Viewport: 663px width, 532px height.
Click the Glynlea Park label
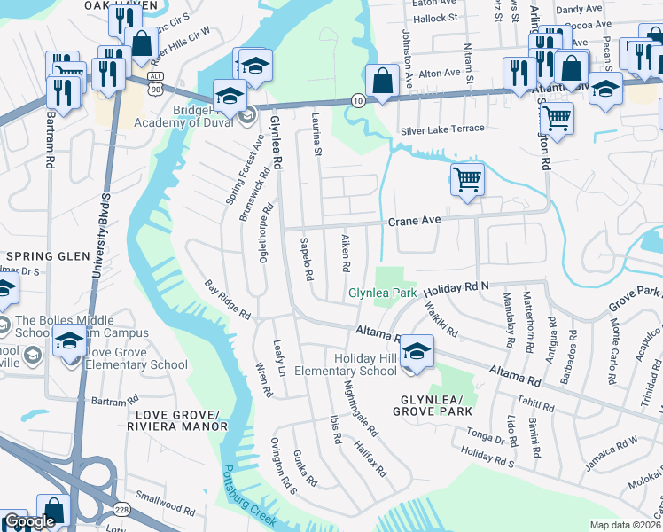pos(381,292)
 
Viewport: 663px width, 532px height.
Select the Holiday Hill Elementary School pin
pos(416,351)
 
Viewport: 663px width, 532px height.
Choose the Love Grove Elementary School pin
pos(67,340)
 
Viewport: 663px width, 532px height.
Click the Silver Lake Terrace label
pos(442,129)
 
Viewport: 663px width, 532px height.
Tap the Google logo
pos(28,521)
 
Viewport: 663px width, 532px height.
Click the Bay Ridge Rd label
pos(228,301)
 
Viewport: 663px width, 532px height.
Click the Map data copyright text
pos(626,525)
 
